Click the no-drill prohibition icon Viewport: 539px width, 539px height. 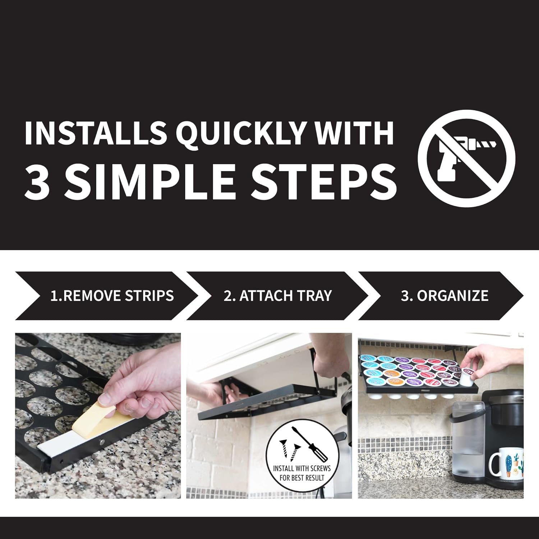466,158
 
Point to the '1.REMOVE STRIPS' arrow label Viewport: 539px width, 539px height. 112,296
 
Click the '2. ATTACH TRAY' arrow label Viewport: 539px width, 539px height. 277,296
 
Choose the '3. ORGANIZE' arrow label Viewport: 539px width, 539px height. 444,296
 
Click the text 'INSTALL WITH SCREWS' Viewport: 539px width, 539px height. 302,469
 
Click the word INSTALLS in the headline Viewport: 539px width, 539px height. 95,133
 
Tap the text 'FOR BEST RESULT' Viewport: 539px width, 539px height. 302,478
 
